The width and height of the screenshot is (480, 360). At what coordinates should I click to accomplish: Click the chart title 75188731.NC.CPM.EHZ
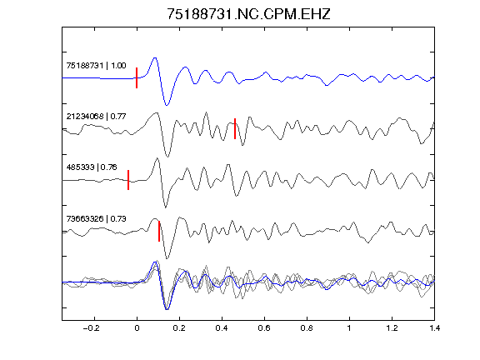click(248, 14)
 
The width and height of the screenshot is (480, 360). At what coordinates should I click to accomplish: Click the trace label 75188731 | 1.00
click(96, 66)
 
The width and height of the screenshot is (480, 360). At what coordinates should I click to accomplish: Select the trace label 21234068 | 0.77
click(96, 117)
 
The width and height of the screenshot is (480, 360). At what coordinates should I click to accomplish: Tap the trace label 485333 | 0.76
click(92, 167)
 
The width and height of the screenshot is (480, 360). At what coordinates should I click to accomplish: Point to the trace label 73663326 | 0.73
click(96, 219)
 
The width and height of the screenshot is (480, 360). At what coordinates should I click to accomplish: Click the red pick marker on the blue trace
click(137, 78)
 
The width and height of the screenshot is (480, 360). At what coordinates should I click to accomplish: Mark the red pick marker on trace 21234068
click(235, 128)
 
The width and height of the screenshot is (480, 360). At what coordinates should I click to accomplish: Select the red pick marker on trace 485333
click(128, 180)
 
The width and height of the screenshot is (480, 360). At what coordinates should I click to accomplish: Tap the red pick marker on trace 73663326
click(159, 231)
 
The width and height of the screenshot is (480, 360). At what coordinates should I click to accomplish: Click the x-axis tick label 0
click(137, 328)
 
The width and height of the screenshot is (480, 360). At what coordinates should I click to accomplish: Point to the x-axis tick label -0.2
click(92, 328)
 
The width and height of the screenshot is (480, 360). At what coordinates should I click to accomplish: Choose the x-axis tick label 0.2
click(179, 328)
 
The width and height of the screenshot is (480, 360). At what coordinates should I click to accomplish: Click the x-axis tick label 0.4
click(222, 328)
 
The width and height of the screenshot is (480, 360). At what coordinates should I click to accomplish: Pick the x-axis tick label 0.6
click(264, 328)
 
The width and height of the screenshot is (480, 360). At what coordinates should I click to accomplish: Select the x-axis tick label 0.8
click(307, 328)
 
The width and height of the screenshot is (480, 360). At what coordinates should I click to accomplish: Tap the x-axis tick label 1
click(349, 328)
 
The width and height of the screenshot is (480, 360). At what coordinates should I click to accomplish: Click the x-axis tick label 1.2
click(392, 328)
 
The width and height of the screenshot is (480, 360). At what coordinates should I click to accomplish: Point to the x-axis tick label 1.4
click(434, 328)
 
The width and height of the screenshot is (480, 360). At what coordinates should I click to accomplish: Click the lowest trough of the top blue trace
click(167, 105)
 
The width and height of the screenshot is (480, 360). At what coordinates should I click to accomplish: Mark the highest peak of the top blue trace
click(155, 57)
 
